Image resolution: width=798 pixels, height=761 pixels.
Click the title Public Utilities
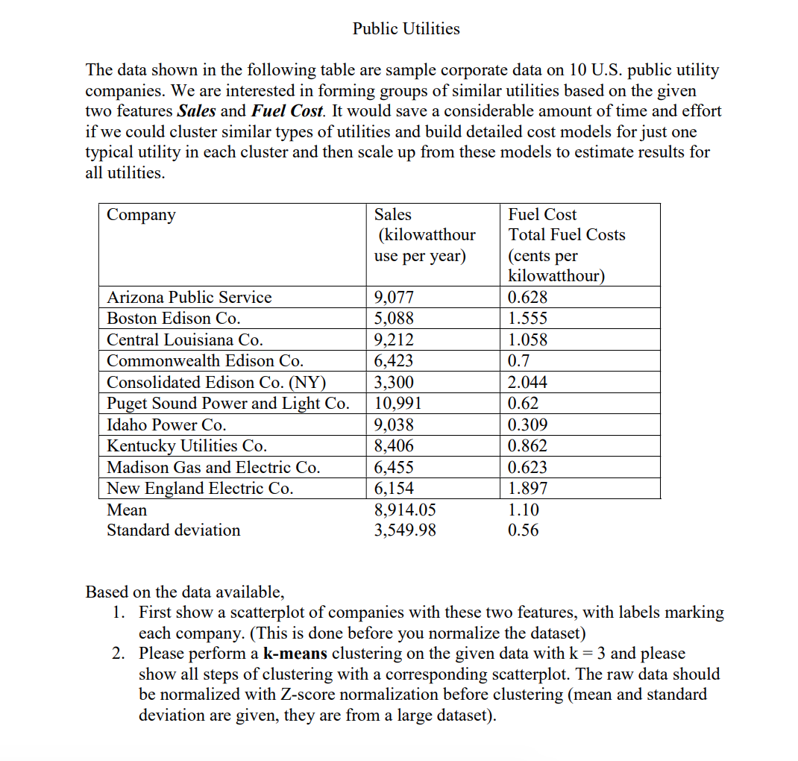tap(406, 29)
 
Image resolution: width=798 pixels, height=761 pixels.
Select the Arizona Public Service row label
tap(189, 298)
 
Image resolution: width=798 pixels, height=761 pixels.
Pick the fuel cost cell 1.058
tap(527, 340)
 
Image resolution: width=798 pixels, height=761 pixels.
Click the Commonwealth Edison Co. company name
tap(205, 361)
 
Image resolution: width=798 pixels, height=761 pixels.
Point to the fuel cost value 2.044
tap(527, 383)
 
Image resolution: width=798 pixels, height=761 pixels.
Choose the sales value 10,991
tap(398, 404)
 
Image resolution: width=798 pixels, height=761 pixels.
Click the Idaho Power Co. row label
tap(166, 425)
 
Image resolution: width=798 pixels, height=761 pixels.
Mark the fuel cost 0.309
tap(527, 425)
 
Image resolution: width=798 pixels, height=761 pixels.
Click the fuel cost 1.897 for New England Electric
tap(527, 489)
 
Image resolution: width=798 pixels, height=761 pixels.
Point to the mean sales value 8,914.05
tap(404, 510)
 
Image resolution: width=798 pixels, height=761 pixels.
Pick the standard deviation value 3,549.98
tap(404, 530)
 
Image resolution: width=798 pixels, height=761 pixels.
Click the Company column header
tap(142, 215)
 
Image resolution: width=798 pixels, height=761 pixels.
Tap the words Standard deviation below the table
tap(174, 530)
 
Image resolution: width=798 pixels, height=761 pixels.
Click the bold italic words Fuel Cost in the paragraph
tap(287, 111)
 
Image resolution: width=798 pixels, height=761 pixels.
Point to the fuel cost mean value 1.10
tap(523, 510)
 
